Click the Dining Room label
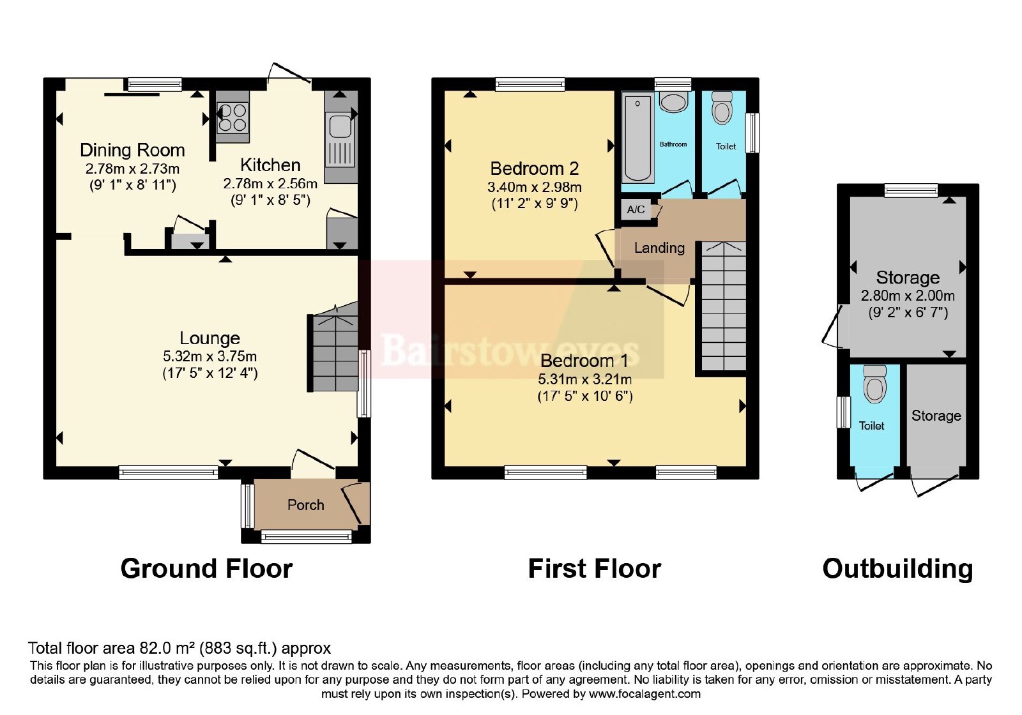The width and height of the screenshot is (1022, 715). (132, 150)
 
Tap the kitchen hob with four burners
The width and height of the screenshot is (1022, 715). (233, 117)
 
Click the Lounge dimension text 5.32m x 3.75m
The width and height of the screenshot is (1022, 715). (210, 356)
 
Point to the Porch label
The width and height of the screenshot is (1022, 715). (306, 505)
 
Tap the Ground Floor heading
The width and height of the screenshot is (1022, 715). (206, 569)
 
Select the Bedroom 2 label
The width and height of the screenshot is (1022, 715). (534, 169)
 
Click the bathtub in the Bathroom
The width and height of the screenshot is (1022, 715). (637, 138)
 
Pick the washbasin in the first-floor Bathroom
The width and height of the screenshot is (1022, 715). (673, 103)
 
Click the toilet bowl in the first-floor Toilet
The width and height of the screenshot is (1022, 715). (722, 109)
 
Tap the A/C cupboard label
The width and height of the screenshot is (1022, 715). (636, 209)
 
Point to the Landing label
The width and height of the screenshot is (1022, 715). (659, 248)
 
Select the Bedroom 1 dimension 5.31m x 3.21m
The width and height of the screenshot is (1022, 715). (585, 379)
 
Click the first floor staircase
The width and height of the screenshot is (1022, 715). (724, 306)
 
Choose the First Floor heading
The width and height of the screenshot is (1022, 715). (595, 569)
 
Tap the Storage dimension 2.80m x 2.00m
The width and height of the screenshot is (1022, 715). (908, 296)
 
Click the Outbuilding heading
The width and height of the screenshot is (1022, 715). (897, 569)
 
